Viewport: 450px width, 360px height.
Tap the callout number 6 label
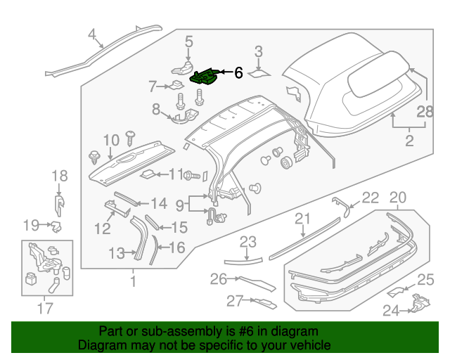tap(238, 72)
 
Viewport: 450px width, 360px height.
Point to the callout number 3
tap(259, 51)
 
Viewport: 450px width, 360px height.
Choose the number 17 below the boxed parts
tap(44, 307)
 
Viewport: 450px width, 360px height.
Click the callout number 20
tap(398, 198)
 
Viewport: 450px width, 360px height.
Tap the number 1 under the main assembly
tap(132, 283)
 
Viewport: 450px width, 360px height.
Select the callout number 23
tap(247, 243)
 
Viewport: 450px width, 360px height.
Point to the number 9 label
tap(180, 205)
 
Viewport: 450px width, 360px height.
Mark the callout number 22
tap(370, 198)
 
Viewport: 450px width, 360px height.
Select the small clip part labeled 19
tap(56, 226)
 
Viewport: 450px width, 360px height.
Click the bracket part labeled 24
tap(419, 305)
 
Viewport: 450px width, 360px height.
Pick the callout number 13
tap(116, 252)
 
